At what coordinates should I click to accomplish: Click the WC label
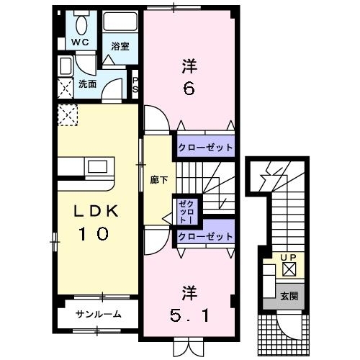(81, 42)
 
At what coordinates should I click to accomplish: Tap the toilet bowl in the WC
(81, 24)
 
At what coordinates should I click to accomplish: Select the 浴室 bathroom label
(120, 46)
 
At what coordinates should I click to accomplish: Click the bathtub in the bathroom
(120, 22)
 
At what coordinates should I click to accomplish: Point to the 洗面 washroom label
(87, 84)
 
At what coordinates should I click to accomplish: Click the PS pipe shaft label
(135, 84)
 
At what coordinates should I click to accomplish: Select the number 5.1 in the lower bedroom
(189, 315)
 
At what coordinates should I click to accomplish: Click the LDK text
(96, 211)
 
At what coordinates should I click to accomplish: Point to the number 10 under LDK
(94, 234)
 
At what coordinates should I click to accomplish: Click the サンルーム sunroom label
(98, 314)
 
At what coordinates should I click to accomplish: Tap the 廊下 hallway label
(158, 180)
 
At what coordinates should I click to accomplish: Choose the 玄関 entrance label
(289, 297)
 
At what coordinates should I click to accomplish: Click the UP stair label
(289, 258)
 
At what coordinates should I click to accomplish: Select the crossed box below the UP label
(289, 269)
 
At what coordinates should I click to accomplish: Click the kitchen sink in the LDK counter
(97, 167)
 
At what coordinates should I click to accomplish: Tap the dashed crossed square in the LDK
(68, 114)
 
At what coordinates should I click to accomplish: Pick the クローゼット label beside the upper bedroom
(206, 147)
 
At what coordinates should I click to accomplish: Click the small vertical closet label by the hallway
(186, 212)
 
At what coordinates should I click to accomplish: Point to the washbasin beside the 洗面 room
(66, 66)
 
